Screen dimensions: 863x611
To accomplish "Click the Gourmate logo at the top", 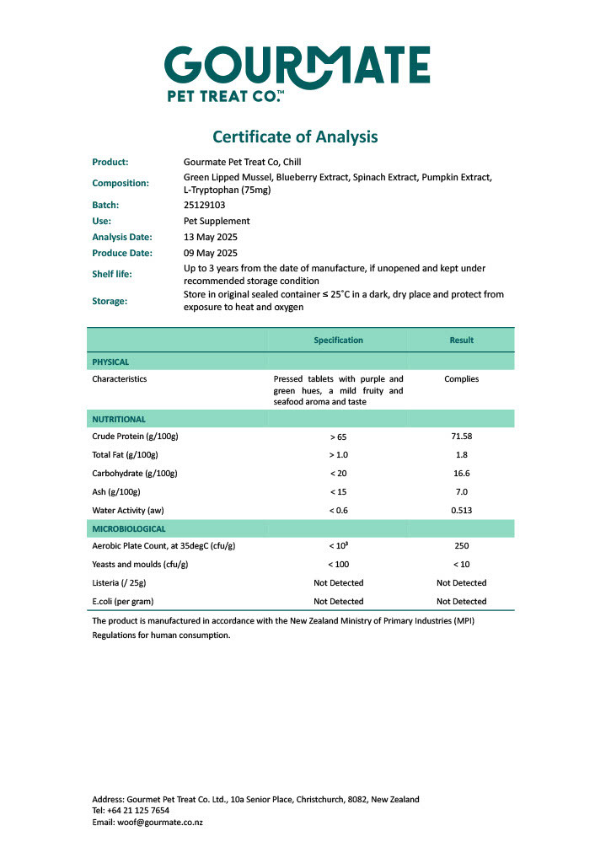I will click(x=297, y=73).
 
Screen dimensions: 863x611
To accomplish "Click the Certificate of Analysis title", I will click(x=295, y=137).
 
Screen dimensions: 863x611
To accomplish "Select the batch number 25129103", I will click(x=204, y=205).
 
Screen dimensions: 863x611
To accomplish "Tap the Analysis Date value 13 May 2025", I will click(x=211, y=237).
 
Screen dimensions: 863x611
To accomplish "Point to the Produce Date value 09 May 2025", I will click(x=211, y=253).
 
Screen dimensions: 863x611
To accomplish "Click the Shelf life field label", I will click(x=112, y=274).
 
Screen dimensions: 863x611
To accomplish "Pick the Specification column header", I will click(x=338, y=340).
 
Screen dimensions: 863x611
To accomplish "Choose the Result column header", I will click(x=461, y=340).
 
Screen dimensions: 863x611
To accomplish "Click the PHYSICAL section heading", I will click(x=110, y=362).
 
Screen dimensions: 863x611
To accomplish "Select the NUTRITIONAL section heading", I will click(x=119, y=419).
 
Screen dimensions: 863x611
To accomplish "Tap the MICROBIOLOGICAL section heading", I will click(x=129, y=528).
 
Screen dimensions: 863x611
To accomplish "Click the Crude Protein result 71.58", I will click(x=461, y=437).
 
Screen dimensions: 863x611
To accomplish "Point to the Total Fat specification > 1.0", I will click(x=338, y=455).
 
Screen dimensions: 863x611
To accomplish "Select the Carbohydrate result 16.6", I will click(x=461, y=474).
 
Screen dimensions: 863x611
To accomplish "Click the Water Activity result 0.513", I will click(x=461, y=511).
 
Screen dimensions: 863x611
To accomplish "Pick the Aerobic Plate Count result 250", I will click(x=461, y=546).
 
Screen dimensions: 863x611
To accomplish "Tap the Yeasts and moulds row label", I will click(x=138, y=565).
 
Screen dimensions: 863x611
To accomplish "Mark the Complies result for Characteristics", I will click(x=461, y=379).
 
